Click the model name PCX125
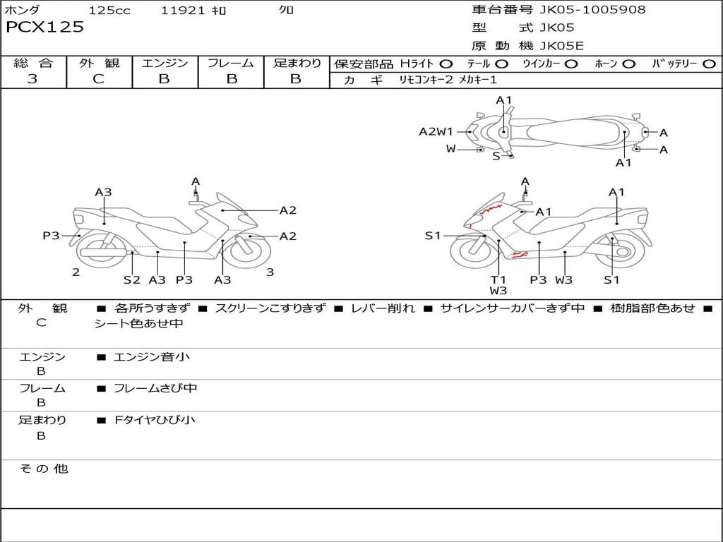click(x=44, y=28)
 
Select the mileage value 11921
click(x=183, y=11)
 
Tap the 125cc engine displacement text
click(x=109, y=11)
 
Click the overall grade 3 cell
click(x=32, y=79)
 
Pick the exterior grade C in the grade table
click(x=98, y=79)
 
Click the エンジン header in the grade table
click(x=165, y=64)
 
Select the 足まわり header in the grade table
click(x=297, y=64)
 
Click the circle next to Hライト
click(x=446, y=64)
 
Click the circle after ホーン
click(x=628, y=64)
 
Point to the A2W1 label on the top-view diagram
click(x=436, y=131)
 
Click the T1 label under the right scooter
click(x=498, y=279)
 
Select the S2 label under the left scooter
click(x=132, y=279)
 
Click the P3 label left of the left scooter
click(x=51, y=236)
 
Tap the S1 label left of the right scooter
click(x=433, y=236)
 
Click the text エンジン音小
click(x=151, y=357)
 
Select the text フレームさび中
click(x=155, y=388)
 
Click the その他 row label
click(x=44, y=469)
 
